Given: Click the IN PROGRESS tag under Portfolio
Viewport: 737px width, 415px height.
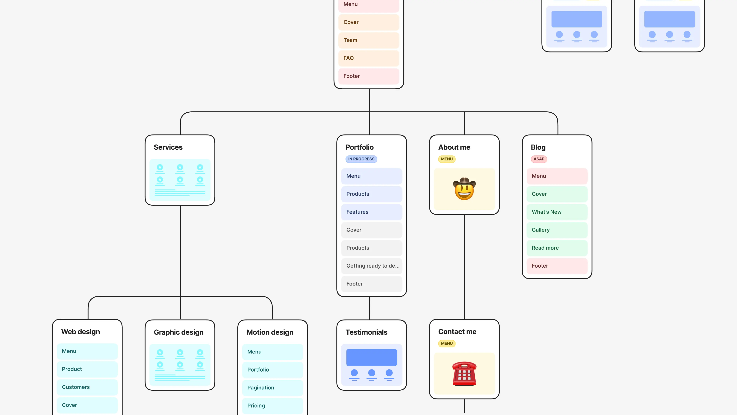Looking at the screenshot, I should (361, 159).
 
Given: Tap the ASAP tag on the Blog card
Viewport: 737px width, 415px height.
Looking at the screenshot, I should (539, 159).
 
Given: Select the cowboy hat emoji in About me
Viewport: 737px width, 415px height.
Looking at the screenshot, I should (464, 189).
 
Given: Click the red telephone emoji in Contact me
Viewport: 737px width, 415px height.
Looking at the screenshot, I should (464, 373).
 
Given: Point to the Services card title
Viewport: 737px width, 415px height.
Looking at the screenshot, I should (168, 147).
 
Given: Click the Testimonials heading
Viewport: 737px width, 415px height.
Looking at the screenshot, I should (366, 332).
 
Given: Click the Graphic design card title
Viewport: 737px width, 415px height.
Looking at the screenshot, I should (178, 332).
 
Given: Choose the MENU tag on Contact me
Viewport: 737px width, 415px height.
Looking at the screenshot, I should (447, 343).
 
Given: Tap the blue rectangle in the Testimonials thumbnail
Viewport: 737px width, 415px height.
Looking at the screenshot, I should (371, 357).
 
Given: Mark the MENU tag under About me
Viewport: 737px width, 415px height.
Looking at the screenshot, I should (447, 159).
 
